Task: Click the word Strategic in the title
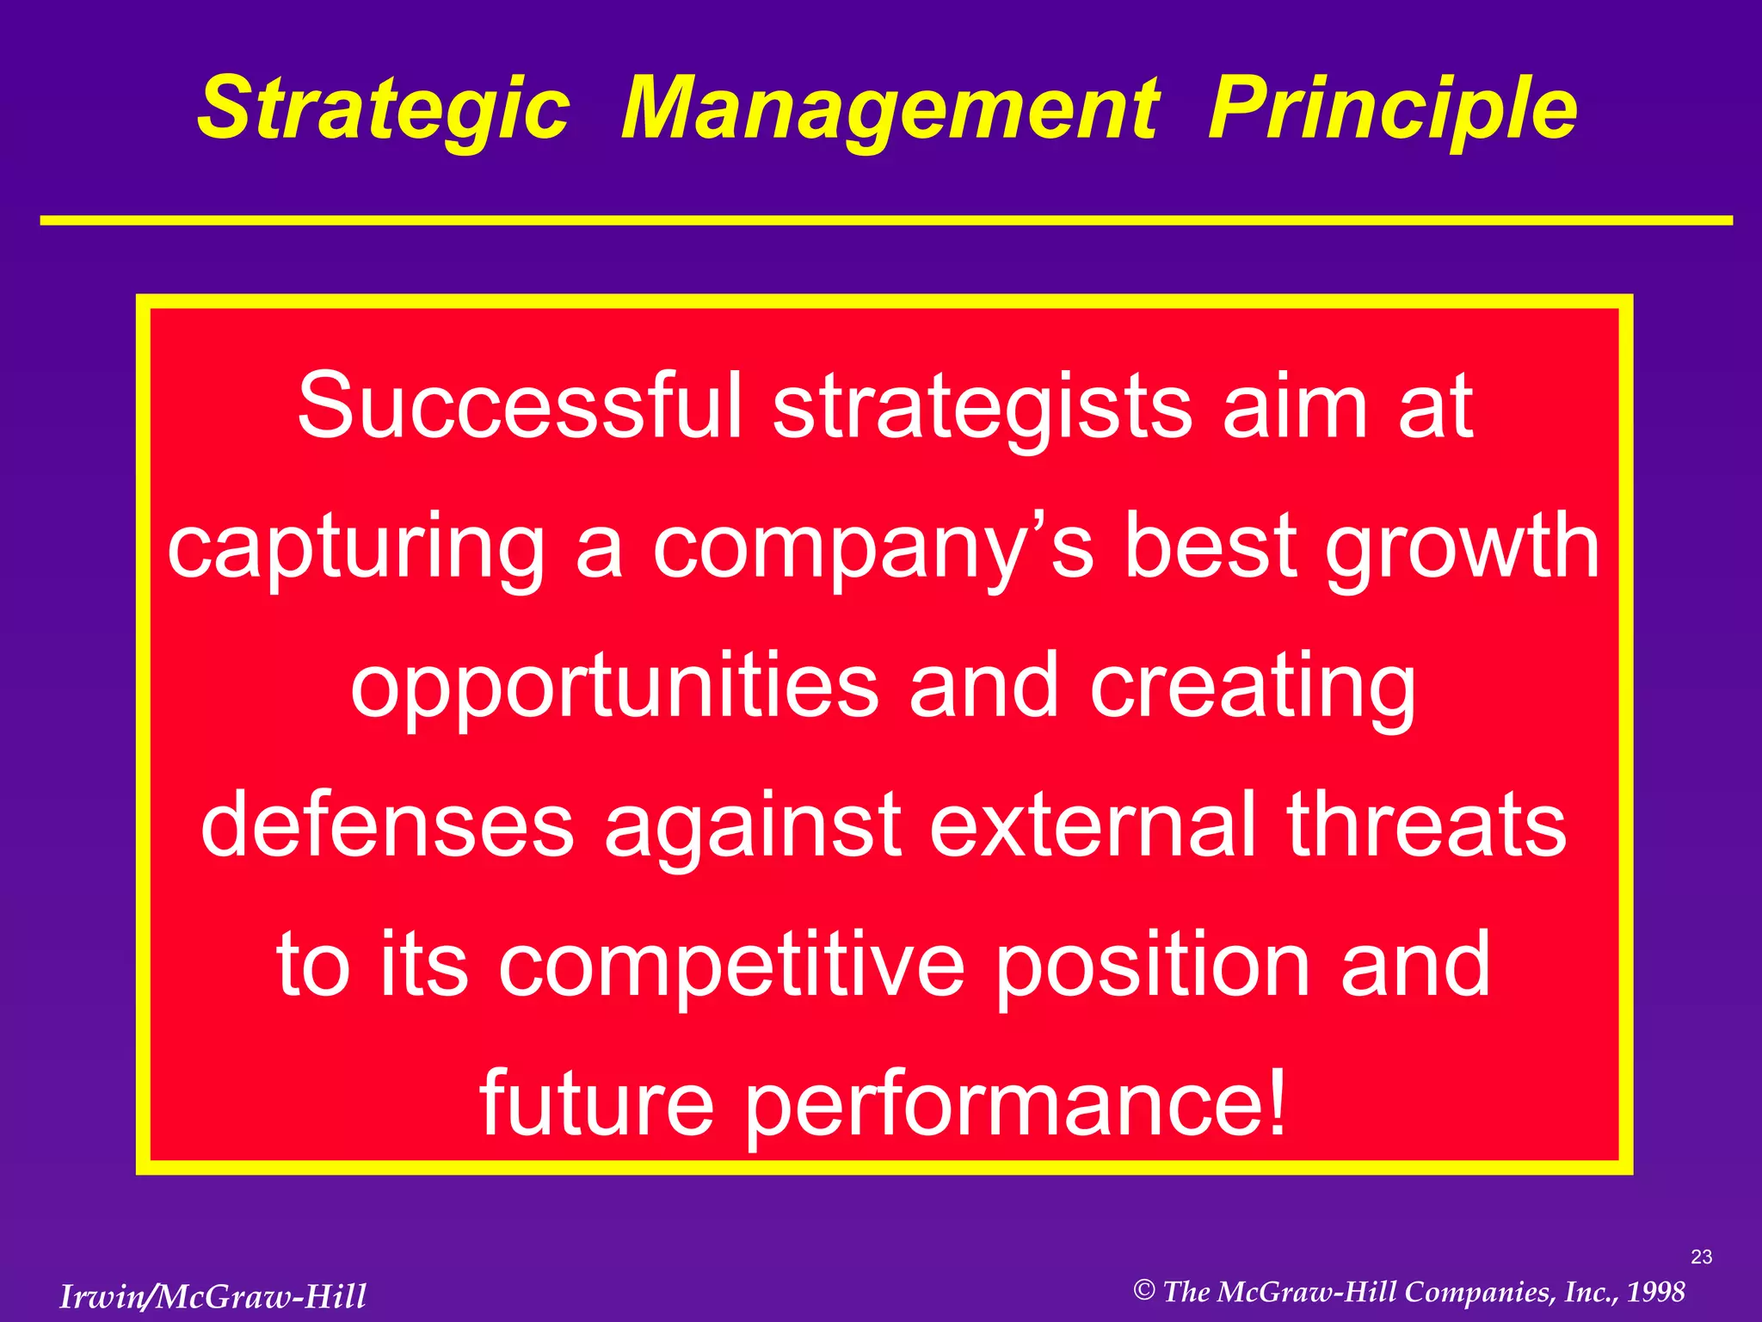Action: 384,109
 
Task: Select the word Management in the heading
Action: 890,109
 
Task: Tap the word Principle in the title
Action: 1392,109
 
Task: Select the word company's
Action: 872,546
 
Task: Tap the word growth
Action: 1462,546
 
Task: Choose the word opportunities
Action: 614,685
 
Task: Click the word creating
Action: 1253,685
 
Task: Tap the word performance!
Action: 1015,1105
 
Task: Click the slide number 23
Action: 1701,1257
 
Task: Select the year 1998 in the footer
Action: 1655,1292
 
